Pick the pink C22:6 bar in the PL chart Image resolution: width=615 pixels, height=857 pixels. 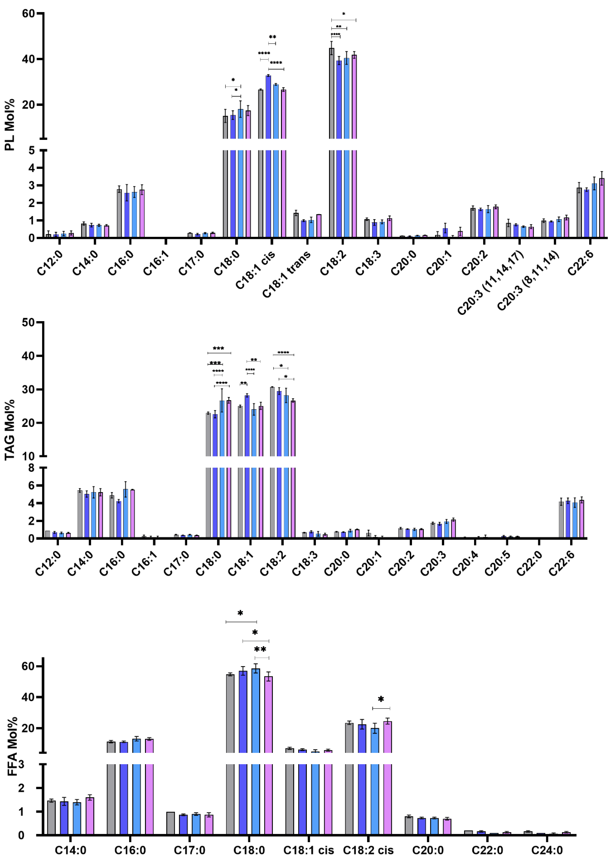pos(601,208)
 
